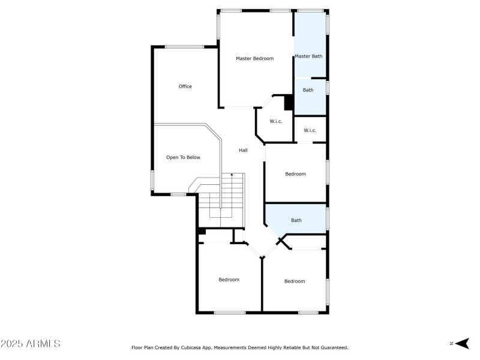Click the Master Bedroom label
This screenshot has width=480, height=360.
pos(254,58)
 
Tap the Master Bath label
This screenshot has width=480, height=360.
pos(308,56)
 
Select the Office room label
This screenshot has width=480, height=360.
pos(185,86)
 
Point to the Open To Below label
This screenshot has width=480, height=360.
pos(183,157)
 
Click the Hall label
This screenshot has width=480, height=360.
pos(243,150)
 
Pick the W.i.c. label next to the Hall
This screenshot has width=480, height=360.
pos(275,121)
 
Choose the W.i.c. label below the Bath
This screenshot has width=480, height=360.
pos(310,130)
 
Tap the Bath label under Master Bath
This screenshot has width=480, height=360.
pos(308,90)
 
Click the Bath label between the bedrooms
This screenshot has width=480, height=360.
pos(296,220)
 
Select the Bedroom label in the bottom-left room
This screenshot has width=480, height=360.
pos(229,280)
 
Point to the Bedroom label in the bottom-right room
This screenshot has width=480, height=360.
pos(295,281)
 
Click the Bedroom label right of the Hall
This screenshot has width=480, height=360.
pos(295,174)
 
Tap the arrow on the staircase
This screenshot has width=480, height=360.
pos(232,175)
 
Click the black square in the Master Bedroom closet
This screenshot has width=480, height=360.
pos(288,103)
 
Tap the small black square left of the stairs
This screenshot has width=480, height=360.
pos(202,231)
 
